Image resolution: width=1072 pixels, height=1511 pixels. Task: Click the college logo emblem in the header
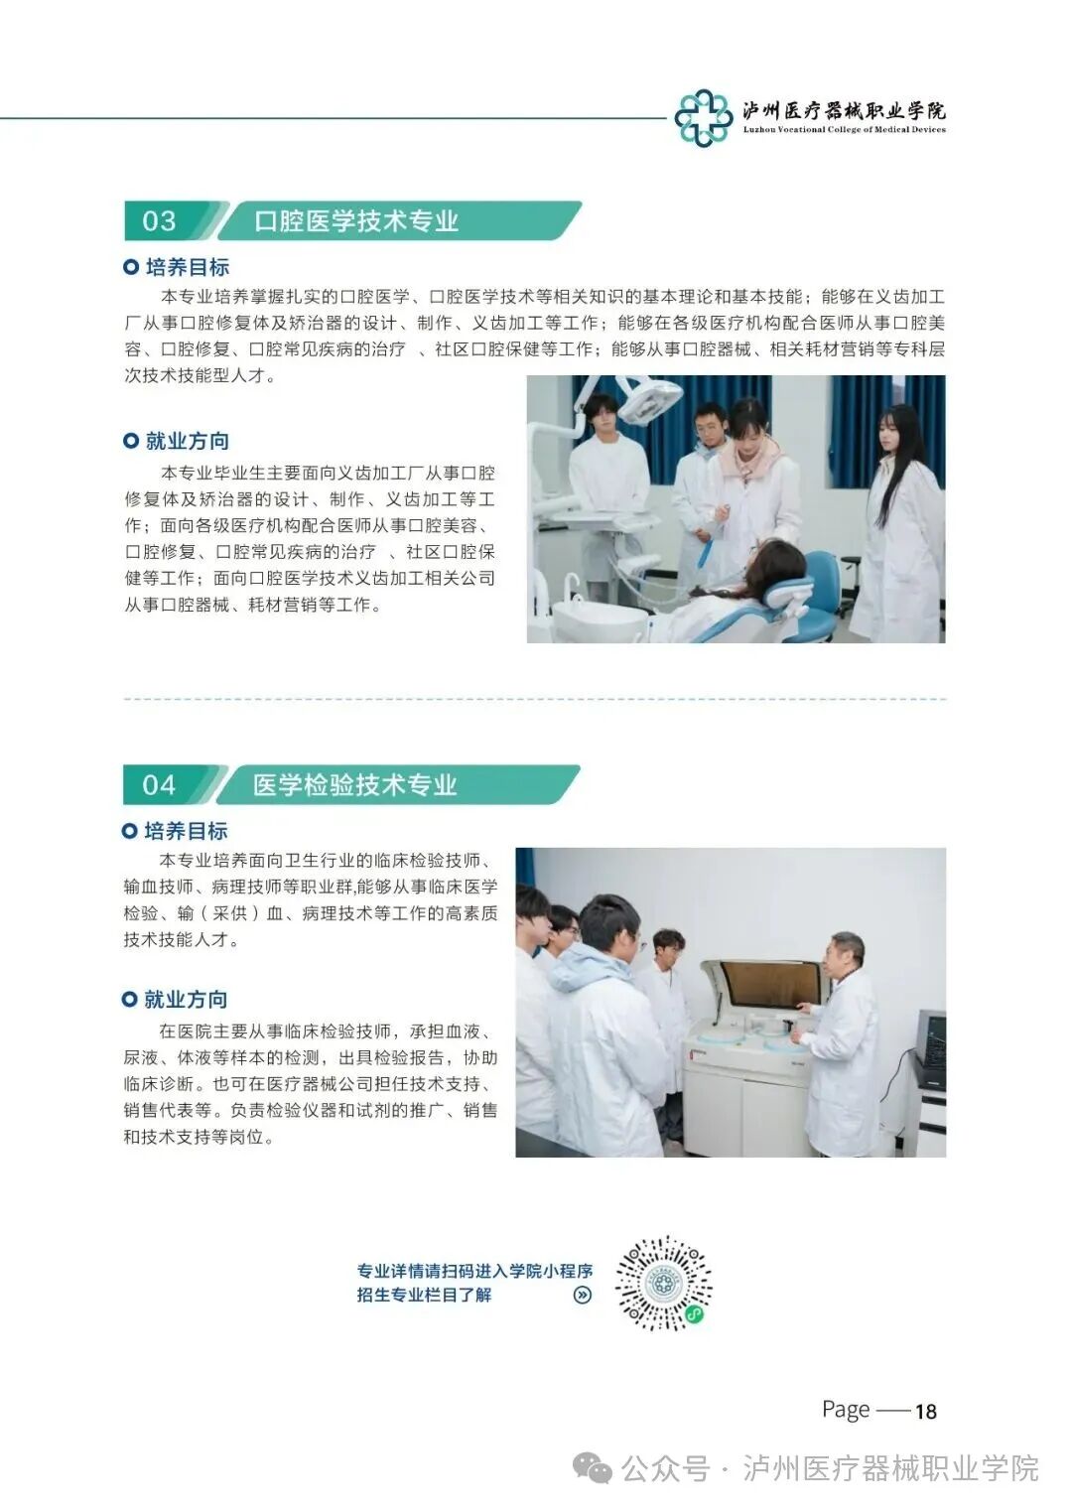(703, 117)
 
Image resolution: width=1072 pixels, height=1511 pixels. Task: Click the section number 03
(160, 220)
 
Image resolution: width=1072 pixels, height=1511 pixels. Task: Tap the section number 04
(159, 785)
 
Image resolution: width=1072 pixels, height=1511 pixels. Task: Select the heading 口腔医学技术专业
(356, 220)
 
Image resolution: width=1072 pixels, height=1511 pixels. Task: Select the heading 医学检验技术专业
(354, 785)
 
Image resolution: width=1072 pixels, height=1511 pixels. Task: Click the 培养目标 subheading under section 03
(187, 267)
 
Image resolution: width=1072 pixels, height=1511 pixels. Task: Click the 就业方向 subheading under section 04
(186, 1000)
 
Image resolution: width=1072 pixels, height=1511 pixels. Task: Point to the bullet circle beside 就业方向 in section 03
(131, 441)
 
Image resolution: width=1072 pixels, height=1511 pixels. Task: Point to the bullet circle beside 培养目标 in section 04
(130, 831)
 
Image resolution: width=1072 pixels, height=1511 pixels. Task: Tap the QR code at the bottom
(663, 1283)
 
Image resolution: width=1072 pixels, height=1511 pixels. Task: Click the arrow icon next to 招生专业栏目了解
(583, 1295)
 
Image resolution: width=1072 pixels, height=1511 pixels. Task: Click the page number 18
(925, 1412)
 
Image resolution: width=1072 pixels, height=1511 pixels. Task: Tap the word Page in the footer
(846, 1410)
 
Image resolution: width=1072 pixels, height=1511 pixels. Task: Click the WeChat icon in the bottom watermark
(596, 1468)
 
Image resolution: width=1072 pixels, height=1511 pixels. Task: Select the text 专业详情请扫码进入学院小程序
(474, 1271)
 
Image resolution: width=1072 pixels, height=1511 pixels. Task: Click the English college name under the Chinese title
(844, 130)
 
